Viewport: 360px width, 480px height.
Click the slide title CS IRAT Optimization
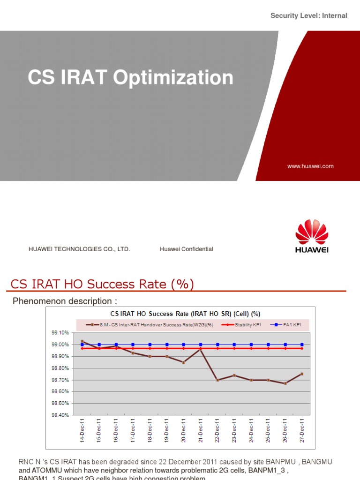coord(130,78)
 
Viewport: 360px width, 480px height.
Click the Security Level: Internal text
coord(308,15)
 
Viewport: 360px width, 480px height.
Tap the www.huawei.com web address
coord(311,166)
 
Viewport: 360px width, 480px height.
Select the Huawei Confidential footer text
coord(186,249)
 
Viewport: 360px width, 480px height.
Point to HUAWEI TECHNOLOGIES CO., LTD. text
coord(79,249)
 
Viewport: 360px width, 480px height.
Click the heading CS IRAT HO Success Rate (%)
coord(102,284)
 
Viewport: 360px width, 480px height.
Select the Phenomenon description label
coord(63,301)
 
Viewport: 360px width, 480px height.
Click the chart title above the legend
coord(185,314)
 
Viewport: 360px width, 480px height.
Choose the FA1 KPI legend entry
coord(290,324)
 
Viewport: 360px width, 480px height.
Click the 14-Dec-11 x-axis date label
coord(82,431)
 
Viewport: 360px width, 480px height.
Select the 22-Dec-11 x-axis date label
coord(217,431)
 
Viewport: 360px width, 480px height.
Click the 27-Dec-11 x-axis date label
coord(302,431)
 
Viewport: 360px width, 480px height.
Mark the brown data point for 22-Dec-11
coord(217,380)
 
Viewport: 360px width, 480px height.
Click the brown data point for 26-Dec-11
coord(285,383)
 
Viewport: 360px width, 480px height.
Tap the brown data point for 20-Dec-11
coord(184,362)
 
